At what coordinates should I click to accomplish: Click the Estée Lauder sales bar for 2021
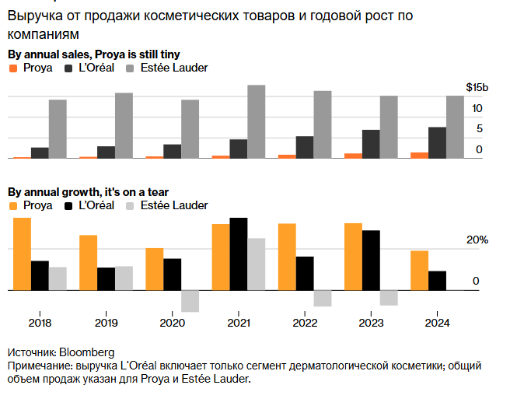256,122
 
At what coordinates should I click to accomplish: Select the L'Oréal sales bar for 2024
437,143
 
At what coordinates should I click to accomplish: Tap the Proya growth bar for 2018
22,254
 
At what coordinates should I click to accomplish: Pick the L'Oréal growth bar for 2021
238,254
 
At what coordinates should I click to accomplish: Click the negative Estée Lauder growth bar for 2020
190,301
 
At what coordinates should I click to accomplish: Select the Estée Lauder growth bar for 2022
323,298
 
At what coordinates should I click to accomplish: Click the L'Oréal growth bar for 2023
371,260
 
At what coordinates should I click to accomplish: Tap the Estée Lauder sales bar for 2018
58,129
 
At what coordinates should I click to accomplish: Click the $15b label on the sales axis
477,87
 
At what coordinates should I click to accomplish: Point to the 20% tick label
477,240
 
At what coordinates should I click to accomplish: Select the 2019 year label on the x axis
106,322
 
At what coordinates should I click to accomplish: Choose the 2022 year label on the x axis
305,322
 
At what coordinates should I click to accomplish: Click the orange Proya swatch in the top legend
12,69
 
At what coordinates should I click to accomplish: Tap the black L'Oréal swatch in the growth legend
69,205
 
